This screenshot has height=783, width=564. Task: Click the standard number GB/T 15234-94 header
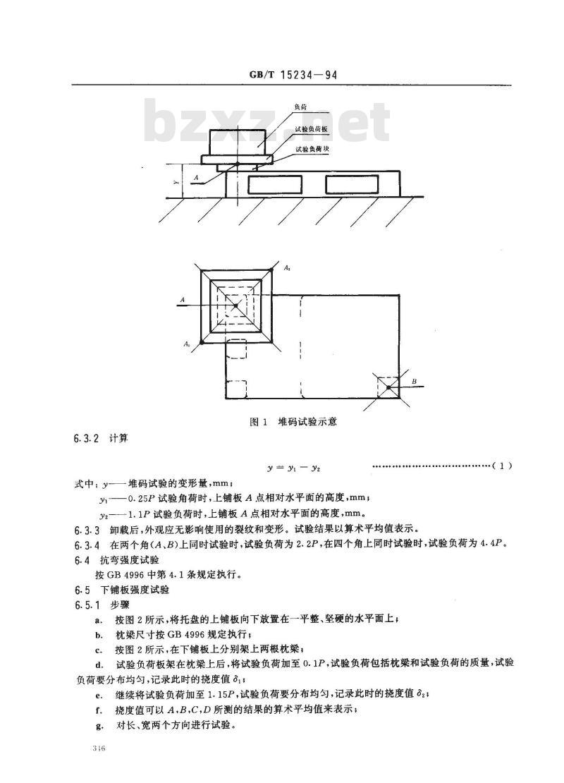click(293, 75)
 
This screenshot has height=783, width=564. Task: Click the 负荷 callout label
click(300, 107)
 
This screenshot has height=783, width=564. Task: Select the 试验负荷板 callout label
click(310, 128)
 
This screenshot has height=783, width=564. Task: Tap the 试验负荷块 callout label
click(310, 149)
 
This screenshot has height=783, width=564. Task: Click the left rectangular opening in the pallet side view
click(276, 184)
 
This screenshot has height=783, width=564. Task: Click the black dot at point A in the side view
click(237, 164)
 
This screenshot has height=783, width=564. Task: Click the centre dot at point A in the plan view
click(235, 305)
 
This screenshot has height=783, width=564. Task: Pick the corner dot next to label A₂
click(271, 270)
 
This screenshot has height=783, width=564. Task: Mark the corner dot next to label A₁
click(201, 341)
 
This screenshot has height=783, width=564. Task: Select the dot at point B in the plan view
click(388, 387)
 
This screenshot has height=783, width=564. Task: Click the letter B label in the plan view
click(415, 382)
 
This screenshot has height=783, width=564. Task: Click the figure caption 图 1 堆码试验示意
click(293, 422)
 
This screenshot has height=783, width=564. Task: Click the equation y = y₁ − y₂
click(293, 468)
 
